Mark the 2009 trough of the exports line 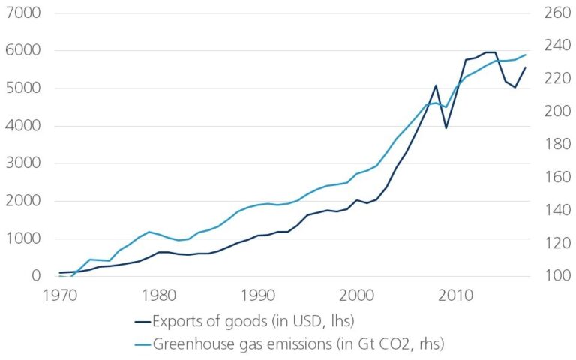[446, 127]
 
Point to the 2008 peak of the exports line [436, 85]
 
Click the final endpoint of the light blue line [526, 55]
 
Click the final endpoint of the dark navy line [526, 67]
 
